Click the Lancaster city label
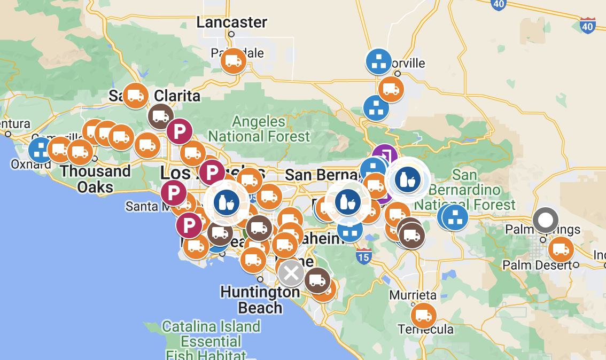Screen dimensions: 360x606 tap(231, 22)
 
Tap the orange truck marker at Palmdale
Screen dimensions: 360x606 tap(234, 60)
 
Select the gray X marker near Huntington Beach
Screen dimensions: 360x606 tap(291, 273)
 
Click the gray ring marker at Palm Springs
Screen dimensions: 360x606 tap(546, 220)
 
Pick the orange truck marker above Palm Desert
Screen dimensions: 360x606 tap(561, 249)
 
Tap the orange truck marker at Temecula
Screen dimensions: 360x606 tap(423, 316)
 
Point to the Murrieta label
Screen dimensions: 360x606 tap(413, 295)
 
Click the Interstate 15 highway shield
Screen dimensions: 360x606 tap(363, 257)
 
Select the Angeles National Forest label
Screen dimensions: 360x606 tap(259, 129)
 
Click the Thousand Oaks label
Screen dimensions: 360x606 tap(95, 179)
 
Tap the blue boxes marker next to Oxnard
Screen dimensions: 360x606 tap(41, 150)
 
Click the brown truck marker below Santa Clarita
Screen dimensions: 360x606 tap(161, 116)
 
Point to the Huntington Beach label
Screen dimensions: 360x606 tap(260, 300)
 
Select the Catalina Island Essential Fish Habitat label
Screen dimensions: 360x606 tap(212, 341)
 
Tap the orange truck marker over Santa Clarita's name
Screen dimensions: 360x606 tap(135, 96)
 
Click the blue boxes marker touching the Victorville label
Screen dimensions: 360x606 tap(379, 61)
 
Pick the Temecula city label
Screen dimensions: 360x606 tap(425, 328)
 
